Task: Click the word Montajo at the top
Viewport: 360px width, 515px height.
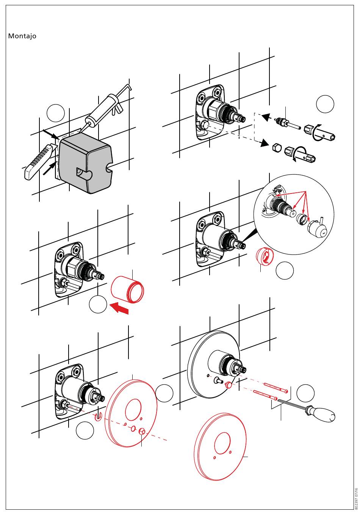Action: tap(22, 36)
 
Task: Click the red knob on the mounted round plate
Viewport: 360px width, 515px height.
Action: tap(229, 385)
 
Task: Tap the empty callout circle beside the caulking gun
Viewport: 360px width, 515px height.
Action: tap(56, 112)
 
